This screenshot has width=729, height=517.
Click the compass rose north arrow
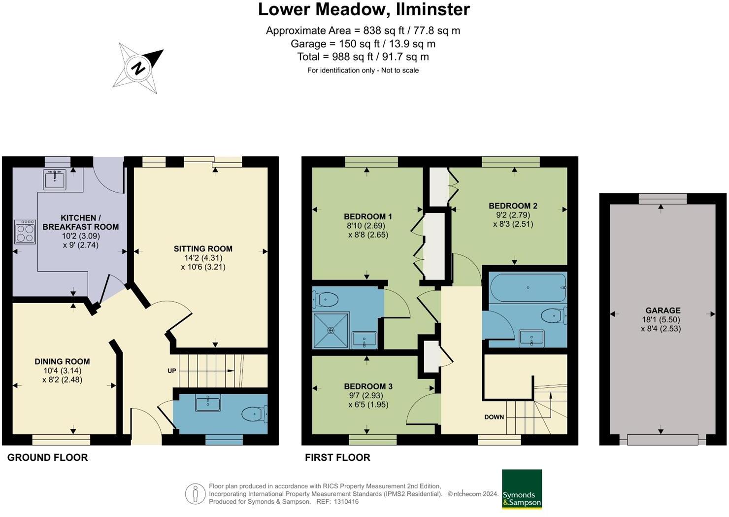click(138, 68)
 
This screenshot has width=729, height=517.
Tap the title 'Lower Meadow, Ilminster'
click(364, 9)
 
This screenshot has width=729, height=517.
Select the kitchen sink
click(54, 179)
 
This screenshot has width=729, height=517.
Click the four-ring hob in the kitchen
click(25, 232)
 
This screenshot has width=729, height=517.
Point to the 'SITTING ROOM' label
click(203, 249)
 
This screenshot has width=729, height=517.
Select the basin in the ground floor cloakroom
click(208, 403)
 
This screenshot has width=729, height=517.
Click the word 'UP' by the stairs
click(172, 371)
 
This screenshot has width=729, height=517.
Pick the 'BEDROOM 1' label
click(368, 216)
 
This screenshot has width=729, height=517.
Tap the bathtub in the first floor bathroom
click(528, 287)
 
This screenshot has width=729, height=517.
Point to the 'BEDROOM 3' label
click(368, 386)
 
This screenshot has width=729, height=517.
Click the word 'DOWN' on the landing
click(494, 417)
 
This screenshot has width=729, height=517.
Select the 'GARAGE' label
click(663, 310)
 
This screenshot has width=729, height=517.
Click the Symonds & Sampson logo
click(522, 489)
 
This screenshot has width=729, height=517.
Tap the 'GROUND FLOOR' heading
click(48, 457)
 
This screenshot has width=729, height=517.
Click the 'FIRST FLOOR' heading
click(337, 457)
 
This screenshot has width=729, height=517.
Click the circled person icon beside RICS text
click(195, 494)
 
